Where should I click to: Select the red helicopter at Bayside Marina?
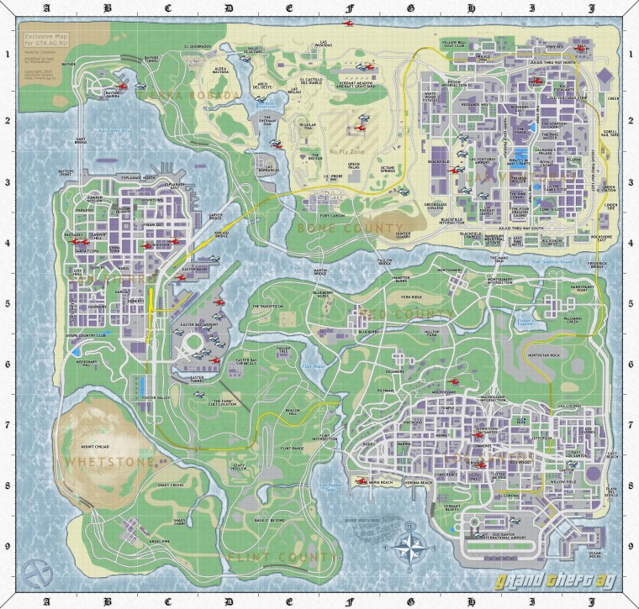click(121, 86)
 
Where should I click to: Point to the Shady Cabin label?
click(180, 522)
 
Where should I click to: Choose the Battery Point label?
click(67, 172)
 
